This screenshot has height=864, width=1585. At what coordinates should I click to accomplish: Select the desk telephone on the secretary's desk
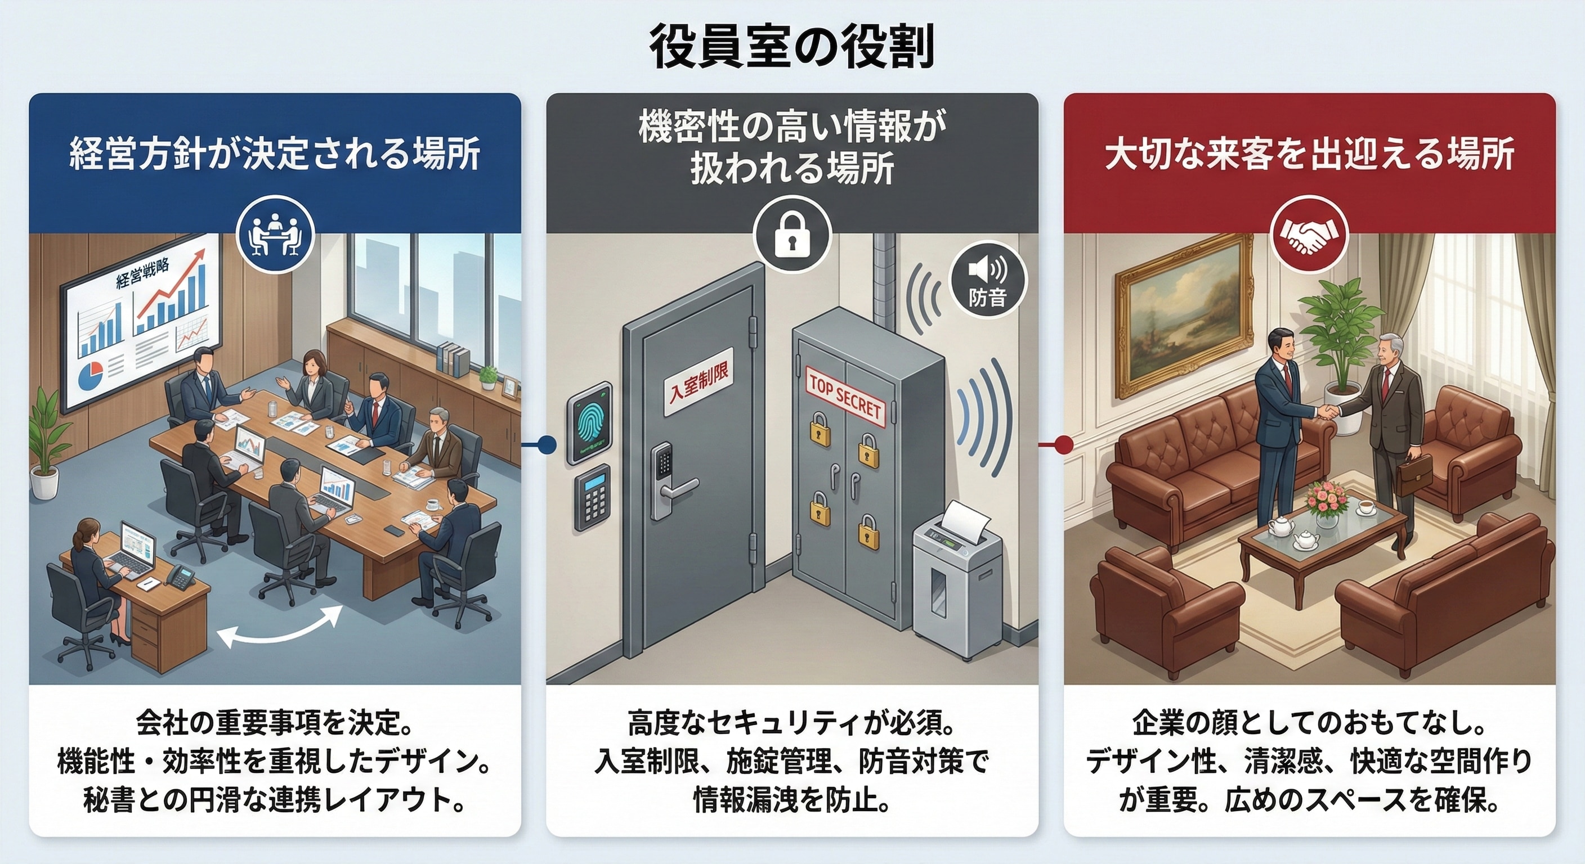coord(181,574)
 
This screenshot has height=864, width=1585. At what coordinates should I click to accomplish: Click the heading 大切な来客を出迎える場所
coord(1309,155)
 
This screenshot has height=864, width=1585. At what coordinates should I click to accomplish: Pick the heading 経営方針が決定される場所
coord(275,155)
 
